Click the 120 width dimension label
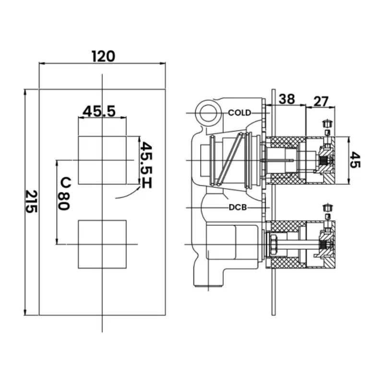click(103, 56)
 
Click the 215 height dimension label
click(31, 201)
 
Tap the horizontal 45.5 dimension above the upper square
click(99, 111)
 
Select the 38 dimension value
click(287, 99)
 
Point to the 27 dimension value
click(321, 101)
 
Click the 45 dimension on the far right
click(355, 159)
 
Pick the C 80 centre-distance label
click(64, 193)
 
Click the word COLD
click(240, 113)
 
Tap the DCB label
click(238, 208)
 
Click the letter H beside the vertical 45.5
click(147, 183)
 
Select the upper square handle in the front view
click(102, 160)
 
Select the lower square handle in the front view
click(102, 244)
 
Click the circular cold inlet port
click(208, 113)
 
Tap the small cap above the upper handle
click(327, 123)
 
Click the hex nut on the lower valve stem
click(274, 244)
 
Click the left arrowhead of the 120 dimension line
click(42, 64)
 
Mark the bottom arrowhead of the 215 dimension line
click(25, 312)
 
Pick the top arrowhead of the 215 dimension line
click(25, 92)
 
